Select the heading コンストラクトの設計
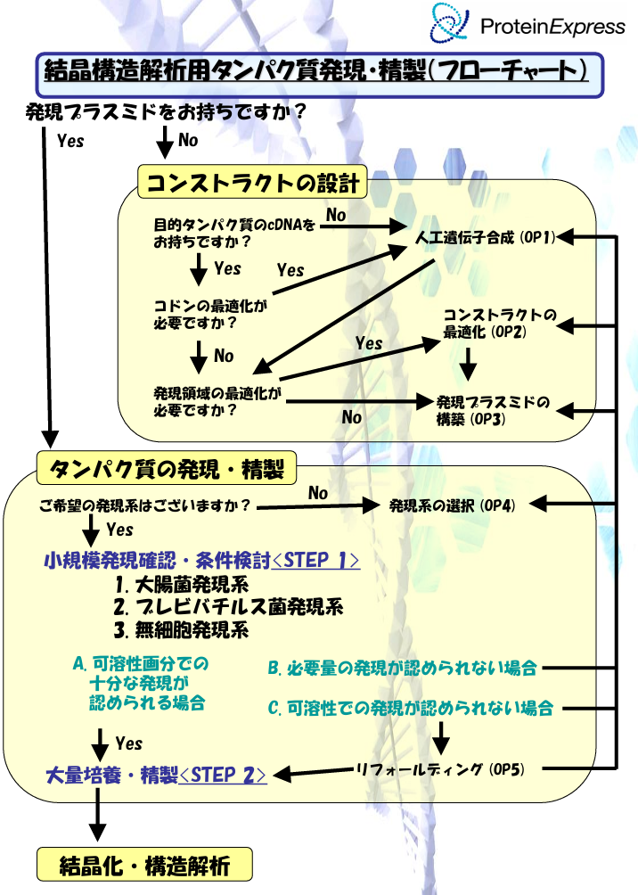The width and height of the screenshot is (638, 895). tap(253, 184)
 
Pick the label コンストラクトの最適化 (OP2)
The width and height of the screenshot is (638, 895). tap(499, 324)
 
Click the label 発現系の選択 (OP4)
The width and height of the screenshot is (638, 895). tap(453, 505)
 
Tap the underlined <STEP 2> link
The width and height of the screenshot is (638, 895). tap(223, 775)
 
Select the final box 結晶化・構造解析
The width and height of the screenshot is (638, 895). tap(144, 865)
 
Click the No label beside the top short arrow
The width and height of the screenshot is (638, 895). tap(188, 140)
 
